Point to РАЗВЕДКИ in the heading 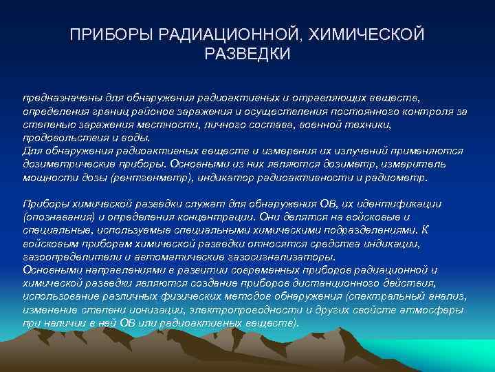247,53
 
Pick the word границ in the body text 120,111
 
